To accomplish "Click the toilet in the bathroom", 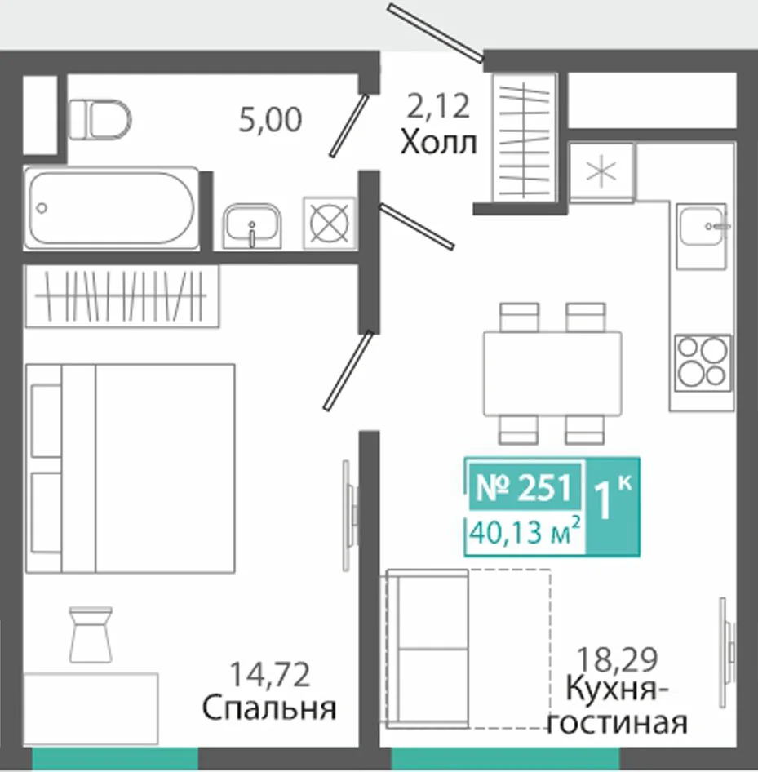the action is point(100,120).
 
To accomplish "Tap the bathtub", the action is point(111,208).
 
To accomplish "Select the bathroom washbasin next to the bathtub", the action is point(252,225).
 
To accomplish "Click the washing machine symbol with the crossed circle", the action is point(330,223).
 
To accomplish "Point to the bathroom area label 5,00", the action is point(270,120).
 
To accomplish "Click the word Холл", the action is point(438,143).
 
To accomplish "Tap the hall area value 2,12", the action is point(438,106).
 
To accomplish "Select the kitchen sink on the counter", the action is point(702,237).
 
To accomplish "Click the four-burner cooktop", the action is point(703,363).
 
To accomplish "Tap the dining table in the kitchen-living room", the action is point(552,374).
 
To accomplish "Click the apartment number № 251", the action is point(524,487).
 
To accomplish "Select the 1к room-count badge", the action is point(613,506).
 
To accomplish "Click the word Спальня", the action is point(269,708).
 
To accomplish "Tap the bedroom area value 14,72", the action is point(270,675).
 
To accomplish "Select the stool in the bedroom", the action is point(91,635).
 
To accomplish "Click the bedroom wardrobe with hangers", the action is point(122,296).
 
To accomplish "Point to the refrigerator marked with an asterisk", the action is point(601,172).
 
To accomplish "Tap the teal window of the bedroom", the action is point(115,758).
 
